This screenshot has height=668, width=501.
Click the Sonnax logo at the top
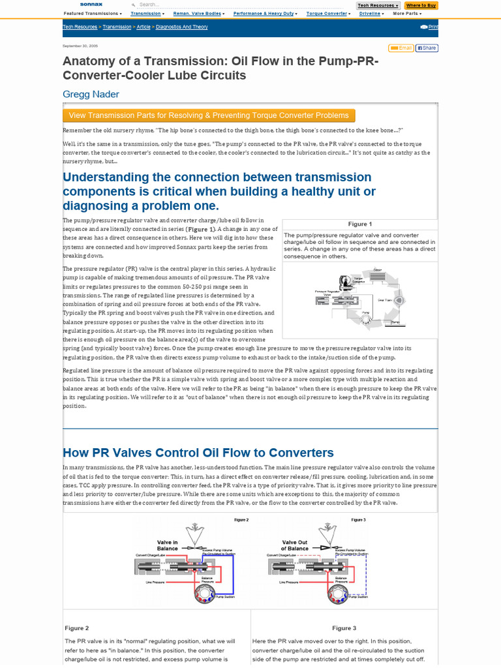[x=91, y=5]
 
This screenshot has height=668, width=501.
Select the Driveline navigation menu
[x=371, y=13]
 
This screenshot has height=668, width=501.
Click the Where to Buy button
[x=421, y=5]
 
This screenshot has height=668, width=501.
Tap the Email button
[x=401, y=48]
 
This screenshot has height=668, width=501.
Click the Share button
[x=427, y=48]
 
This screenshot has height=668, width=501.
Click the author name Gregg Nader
[x=91, y=94]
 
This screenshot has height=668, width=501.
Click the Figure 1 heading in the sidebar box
[x=359, y=224]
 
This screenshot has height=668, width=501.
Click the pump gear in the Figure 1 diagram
[x=367, y=315]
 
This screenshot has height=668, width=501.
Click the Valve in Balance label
[x=167, y=545]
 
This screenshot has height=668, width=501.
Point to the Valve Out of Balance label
[x=294, y=545]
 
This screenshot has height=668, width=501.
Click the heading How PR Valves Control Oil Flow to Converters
[x=198, y=453]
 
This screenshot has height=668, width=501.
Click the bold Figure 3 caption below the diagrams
[x=344, y=628]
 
